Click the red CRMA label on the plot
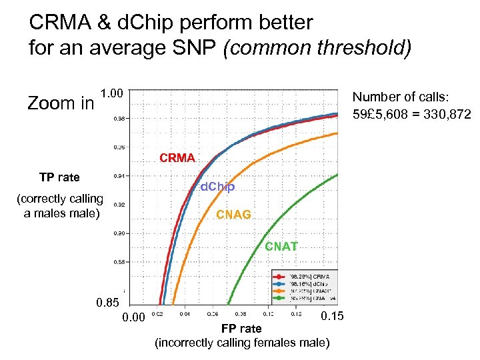(x=177, y=158)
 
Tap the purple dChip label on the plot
(x=217, y=187)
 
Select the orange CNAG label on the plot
(x=233, y=215)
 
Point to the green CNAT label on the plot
(x=281, y=247)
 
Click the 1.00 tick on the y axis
(x=111, y=93)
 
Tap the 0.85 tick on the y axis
(x=108, y=304)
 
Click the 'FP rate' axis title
(x=241, y=329)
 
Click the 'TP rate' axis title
(x=59, y=177)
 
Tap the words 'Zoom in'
(x=60, y=103)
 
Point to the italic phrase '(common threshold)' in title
(x=317, y=47)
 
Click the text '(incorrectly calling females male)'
(x=241, y=343)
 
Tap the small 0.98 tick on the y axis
(x=117, y=119)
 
